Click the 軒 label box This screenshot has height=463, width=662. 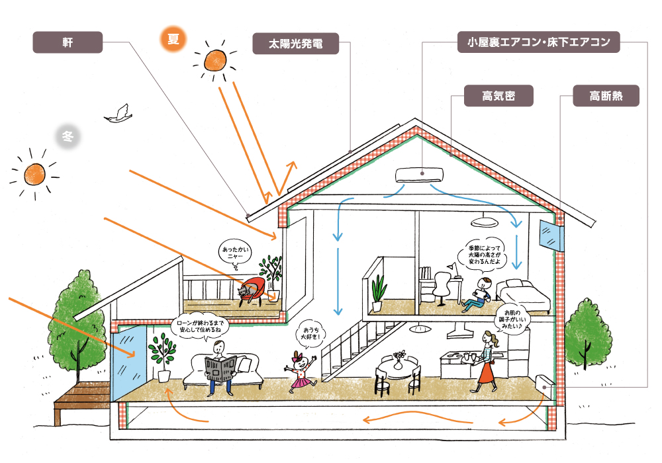coord(68,42)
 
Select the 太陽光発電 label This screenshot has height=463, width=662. coord(295,44)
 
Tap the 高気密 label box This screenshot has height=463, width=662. coord(498,96)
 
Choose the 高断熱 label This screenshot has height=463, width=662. coord(606,96)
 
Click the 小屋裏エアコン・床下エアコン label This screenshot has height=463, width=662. coord(538,42)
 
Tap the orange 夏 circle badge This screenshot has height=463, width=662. coord(173,39)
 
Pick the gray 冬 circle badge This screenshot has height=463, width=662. coord(68,136)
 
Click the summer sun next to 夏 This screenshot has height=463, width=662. coord(215,61)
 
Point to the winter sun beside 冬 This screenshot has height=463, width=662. coord(34,174)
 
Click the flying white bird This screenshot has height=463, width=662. coord(118,114)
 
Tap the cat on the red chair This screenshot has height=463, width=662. coord(246,290)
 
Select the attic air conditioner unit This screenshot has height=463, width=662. coord(419,175)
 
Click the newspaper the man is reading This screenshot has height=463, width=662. coord(220,368)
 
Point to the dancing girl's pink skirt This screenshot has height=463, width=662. coord(301,382)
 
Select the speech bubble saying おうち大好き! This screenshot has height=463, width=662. coord(310,333)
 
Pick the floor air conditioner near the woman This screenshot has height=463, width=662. coord(545,386)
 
